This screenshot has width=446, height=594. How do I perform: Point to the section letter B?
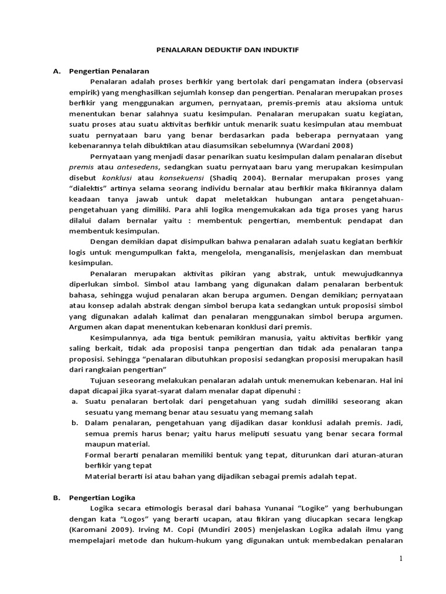pyautogui.click(x=57, y=497)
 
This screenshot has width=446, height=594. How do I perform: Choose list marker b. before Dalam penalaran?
pyautogui.click(x=75, y=423)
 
